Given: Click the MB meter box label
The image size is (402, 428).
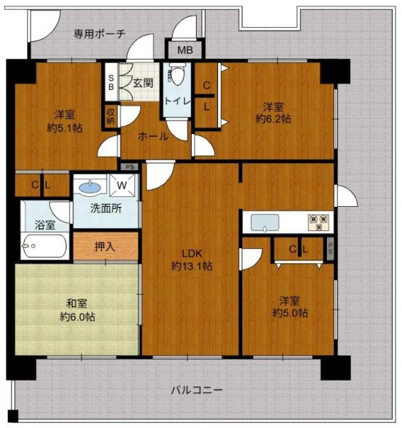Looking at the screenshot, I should point(185,51).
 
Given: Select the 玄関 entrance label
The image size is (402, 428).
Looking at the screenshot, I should point(143,83).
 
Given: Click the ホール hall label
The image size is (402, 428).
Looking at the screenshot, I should point(153,136).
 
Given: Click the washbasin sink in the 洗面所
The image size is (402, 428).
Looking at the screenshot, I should point(89,188).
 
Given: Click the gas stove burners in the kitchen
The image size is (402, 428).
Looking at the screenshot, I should point(317,221).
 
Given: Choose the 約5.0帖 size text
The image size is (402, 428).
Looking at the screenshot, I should point(290,312).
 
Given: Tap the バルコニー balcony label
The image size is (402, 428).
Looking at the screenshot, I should point(196,391).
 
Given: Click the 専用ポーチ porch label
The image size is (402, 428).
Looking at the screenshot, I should point(100,34).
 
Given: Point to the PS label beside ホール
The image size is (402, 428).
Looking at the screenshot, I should point(129,167).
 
